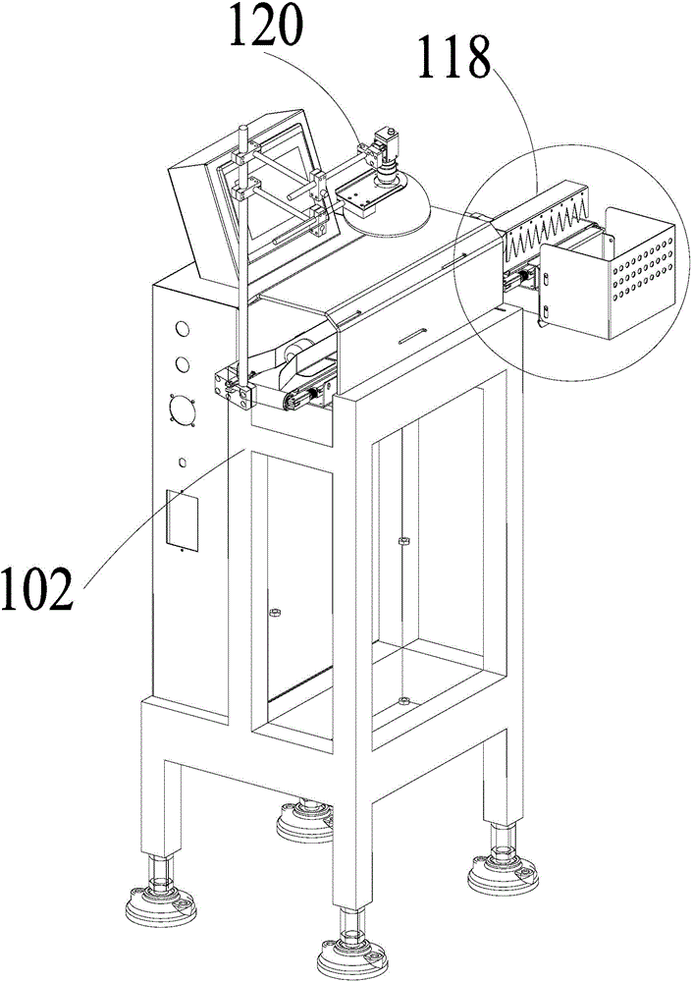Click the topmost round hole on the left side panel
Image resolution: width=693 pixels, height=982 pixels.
183,328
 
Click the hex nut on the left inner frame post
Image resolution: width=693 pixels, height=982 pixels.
276,614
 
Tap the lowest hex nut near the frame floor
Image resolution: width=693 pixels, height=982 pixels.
401,700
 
